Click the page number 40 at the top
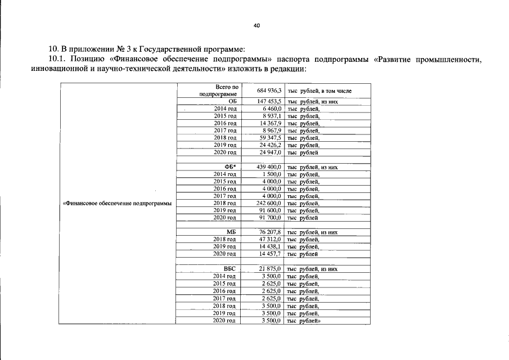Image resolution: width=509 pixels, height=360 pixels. pyautogui.click(x=256, y=26)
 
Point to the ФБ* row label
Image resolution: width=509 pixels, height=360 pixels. pyautogui.click(x=230, y=167)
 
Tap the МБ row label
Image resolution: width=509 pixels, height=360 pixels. pyautogui.click(x=231, y=232)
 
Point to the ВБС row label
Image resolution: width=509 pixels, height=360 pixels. pyautogui.click(x=229, y=269)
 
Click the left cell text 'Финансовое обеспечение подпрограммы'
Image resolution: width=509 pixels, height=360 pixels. pyautogui.click(x=117, y=203)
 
